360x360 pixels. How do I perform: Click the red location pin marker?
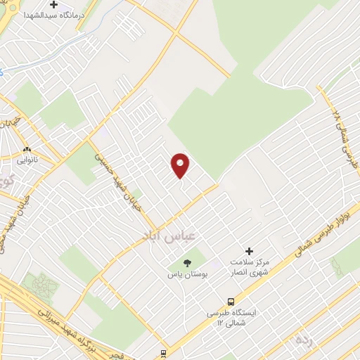[181, 165]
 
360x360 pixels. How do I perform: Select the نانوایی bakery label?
[27, 160]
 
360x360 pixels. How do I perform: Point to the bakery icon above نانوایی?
[27, 150]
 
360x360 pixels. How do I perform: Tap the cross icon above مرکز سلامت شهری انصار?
[248, 251]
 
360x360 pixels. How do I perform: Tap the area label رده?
[304, 340]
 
